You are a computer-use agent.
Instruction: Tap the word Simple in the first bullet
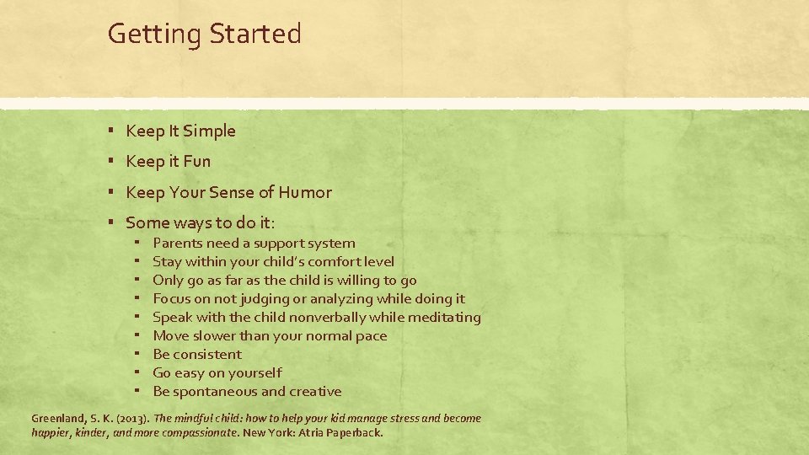point(209,131)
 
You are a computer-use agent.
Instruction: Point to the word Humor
point(306,192)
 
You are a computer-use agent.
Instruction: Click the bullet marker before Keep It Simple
point(111,131)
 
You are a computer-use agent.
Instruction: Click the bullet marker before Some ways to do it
point(111,222)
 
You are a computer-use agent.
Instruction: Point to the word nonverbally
point(329,317)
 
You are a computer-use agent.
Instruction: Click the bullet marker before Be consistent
point(137,354)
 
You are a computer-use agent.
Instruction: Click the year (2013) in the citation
point(131,418)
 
